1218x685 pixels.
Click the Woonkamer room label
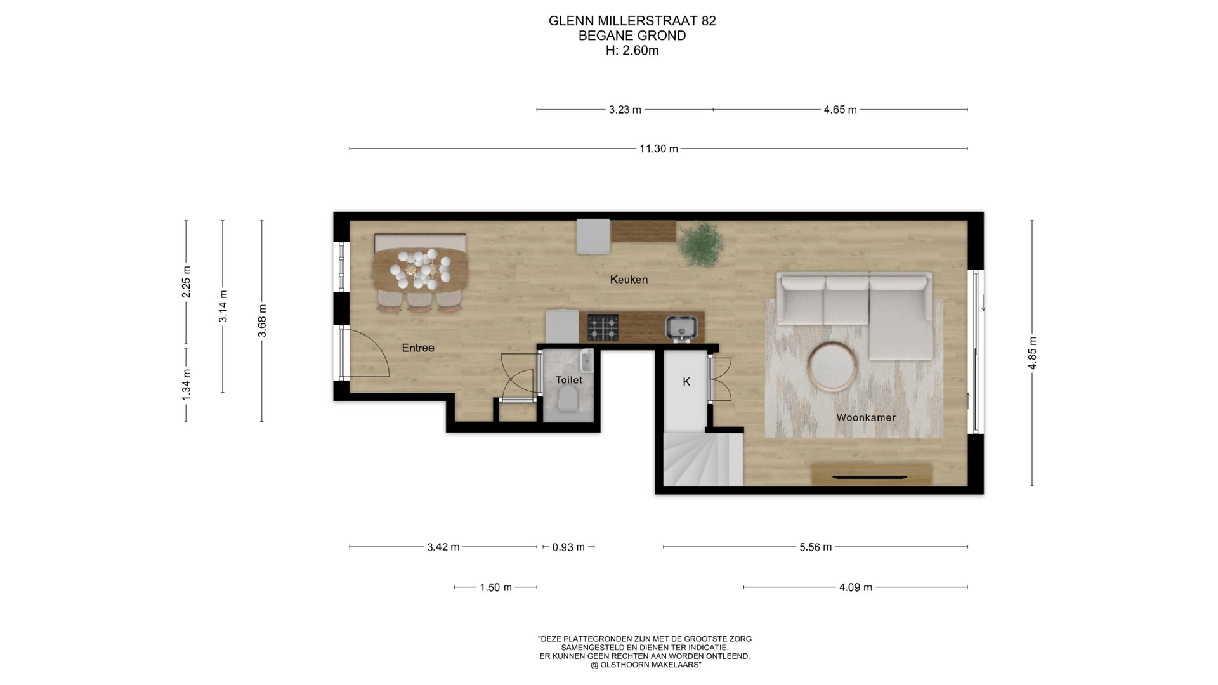[x=866, y=417]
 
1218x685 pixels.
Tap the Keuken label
[x=629, y=279]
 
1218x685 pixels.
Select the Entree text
[x=418, y=348]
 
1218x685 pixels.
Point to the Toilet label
[x=569, y=380]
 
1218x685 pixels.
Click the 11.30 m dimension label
[x=658, y=148]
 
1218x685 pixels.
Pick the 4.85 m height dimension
[x=1032, y=353]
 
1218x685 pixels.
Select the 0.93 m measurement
[x=568, y=547]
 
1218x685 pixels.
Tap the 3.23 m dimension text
[x=625, y=110]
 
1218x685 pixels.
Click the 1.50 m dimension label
[x=495, y=587]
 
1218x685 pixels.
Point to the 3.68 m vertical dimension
[x=262, y=321]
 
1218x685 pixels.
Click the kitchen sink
[x=682, y=328]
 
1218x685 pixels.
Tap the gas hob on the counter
[x=603, y=327]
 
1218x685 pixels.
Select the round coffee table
[x=833, y=367]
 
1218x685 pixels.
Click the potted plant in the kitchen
[x=700, y=244]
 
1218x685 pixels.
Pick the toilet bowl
[x=568, y=399]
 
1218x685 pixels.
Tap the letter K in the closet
[x=686, y=382]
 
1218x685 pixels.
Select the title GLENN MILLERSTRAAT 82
[x=632, y=21]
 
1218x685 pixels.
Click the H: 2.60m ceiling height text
[x=632, y=51]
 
